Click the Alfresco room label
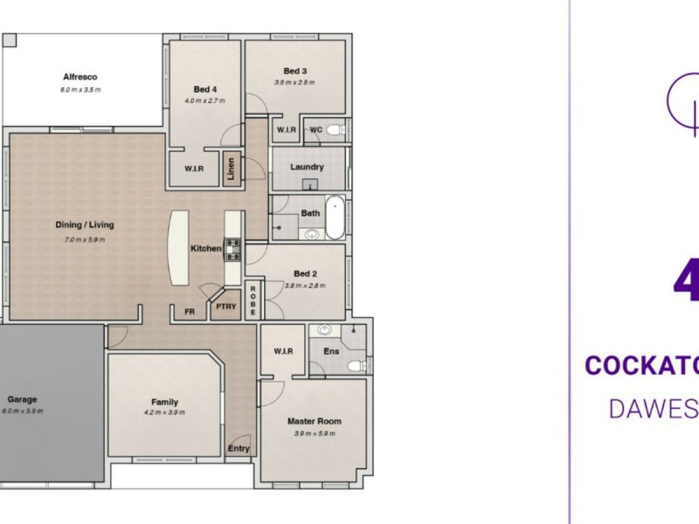(x=80, y=76)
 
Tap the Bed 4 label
(x=204, y=88)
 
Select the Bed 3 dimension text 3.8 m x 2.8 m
(x=294, y=83)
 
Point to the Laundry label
(x=307, y=167)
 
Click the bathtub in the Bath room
(x=335, y=217)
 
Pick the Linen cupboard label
(x=232, y=167)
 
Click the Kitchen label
(x=206, y=249)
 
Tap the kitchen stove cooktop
(x=232, y=249)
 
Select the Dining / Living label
(x=84, y=224)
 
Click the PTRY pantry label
(x=226, y=307)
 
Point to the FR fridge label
(x=189, y=311)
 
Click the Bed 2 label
(x=305, y=273)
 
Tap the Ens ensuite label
(x=331, y=352)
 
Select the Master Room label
(x=315, y=421)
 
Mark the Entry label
(x=239, y=449)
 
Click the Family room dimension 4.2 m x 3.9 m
(x=163, y=412)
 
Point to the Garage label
(x=22, y=399)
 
